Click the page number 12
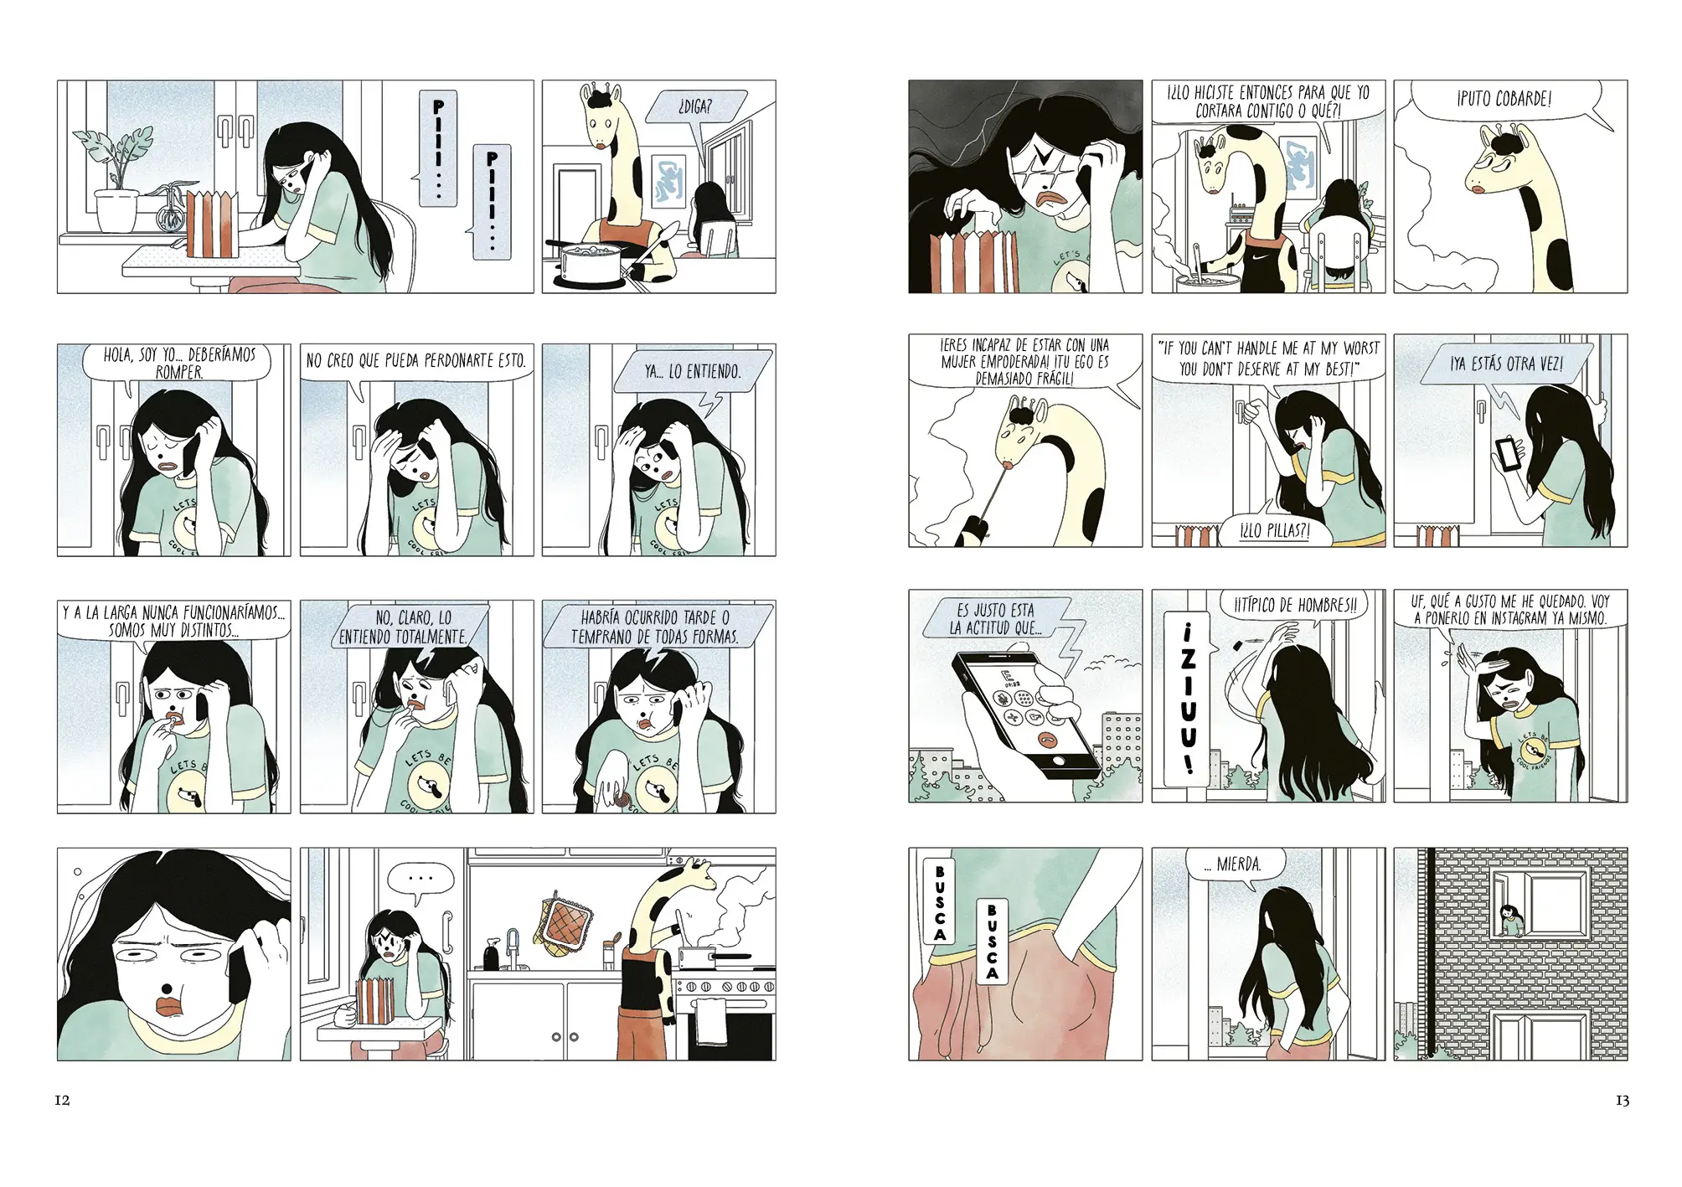(62, 1100)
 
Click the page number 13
(1622, 1100)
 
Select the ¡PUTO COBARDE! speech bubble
(1504, 101)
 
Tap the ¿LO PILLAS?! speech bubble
(1274, 530)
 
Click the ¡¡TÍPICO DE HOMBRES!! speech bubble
(1294, 605)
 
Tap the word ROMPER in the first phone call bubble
(178, 373)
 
